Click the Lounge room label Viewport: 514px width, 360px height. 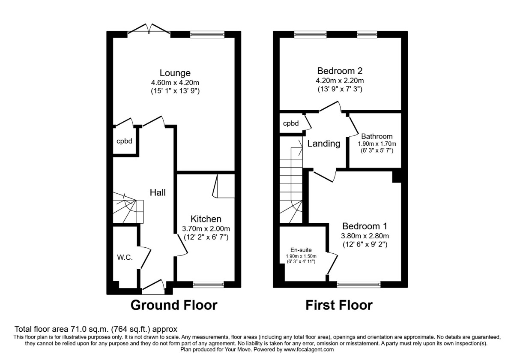coord(175,73)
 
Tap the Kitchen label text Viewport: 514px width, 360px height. coord(206,219)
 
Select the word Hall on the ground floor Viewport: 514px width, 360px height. coord(158,193)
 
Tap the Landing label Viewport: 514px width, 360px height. coord(324,144)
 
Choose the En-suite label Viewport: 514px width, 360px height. coord(301,250)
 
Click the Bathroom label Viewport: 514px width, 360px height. coord(377,136)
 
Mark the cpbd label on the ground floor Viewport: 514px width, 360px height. coord(124,141)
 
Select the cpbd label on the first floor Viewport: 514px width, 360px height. coord(291,124)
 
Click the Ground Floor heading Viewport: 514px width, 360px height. coord(174,305)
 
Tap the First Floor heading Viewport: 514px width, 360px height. coord(339,305)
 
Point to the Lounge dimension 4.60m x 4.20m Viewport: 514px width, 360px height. coord(175,82)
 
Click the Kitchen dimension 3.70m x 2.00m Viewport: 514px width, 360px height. coord(206,228)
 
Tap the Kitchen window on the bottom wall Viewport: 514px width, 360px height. coord(209,284)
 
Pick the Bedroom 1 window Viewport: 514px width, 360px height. coord(359,284)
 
